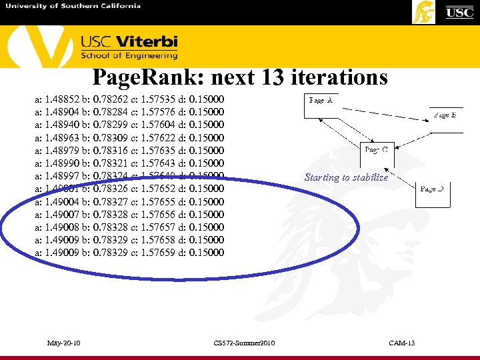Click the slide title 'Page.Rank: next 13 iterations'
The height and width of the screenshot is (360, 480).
point(240,78)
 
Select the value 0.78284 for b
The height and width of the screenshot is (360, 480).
point(112,112)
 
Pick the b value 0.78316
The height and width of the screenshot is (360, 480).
point(112,151)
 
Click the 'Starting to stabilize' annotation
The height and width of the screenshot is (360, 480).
point(346,177)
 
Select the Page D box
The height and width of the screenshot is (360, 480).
point(433,194)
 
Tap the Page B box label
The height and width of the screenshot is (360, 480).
point(445,115)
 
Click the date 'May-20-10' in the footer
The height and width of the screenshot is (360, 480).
point(64,343)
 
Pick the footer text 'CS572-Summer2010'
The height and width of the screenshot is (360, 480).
point(244,343)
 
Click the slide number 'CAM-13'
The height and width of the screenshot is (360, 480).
point(402,343)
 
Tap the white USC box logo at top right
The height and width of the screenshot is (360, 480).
point(459,12)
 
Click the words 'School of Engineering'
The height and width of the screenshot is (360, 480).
point(129,55)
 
